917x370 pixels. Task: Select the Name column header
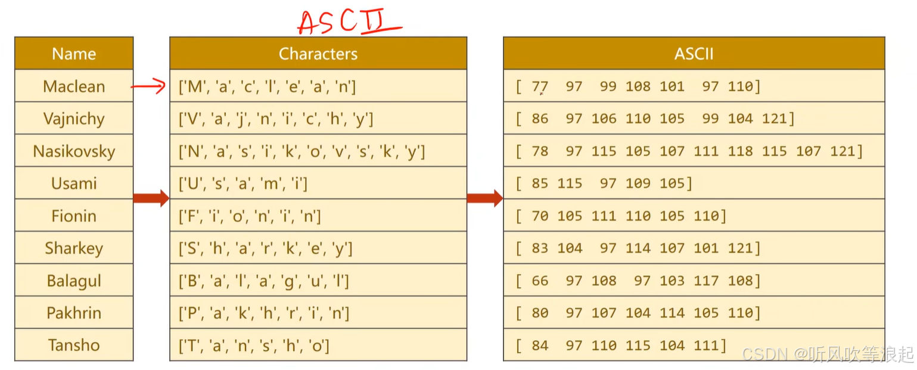(74, 54)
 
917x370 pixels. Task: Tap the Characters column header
(318, 54)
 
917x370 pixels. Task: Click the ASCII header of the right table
(694, 54)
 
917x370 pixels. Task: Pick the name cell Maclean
(74, 86)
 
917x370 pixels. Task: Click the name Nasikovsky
(74, 151)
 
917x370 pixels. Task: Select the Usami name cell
(74, 184)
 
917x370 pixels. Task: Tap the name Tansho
(74, 345)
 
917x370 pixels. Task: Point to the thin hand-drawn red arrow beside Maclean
(148, 88)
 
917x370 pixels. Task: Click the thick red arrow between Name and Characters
(151, 198)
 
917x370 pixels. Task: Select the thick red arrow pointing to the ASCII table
(484, 198)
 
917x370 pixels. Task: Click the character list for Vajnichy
(276, 119)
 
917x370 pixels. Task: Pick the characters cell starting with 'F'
(250, 216)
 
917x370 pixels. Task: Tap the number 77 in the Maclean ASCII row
(540, 86)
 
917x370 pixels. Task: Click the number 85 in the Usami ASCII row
(540, 184)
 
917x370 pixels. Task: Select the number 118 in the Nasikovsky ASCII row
(740, 151)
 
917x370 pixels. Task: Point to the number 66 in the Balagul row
(540, 281)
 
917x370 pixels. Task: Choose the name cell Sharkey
(74, 248)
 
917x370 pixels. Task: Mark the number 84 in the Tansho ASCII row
(540, 346)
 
